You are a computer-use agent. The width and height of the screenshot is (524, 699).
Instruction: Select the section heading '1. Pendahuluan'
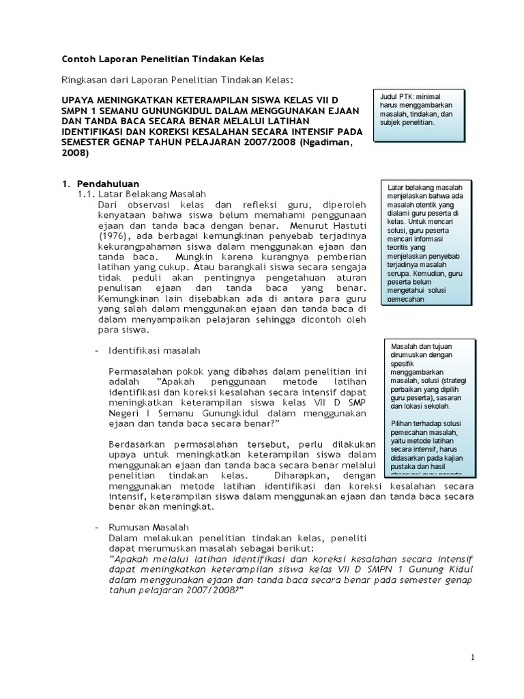(100, 184)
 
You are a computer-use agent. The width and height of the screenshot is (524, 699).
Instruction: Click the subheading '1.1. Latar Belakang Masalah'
(141, 194)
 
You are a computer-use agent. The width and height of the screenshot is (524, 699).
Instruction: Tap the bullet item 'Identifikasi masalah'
(154, 350)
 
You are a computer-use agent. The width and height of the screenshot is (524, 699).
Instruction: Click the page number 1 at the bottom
(472, 657)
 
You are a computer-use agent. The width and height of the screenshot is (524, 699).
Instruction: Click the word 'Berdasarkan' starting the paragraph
(139, 444)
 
